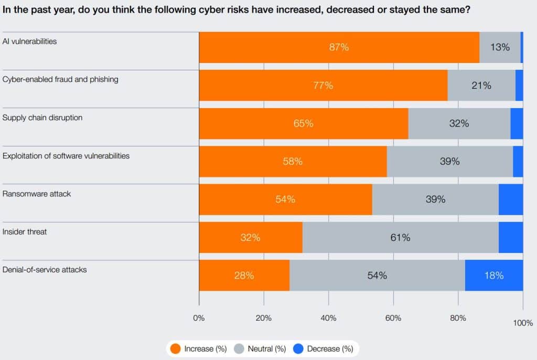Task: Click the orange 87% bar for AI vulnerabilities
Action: [x=339, y=47]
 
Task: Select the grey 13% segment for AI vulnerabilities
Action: [x=500, y=47]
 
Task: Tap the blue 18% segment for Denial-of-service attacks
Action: [x=493, y=276]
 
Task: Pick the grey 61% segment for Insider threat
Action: [x=400, y=237]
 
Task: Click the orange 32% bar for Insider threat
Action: [x=251, y=237]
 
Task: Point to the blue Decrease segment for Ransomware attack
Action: [x=510, y=199]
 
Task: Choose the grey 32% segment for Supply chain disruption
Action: [x=459, y=123]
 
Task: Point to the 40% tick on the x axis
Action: [x=328, y=317]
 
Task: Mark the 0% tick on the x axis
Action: [x=199, y=317]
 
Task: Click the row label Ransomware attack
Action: [x=37, y=194]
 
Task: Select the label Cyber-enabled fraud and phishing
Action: [x=60, y=79]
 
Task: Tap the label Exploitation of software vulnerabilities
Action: [x=66, y=156]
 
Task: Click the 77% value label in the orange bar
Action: [x=323, y=86]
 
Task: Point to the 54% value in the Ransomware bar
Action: [x=285, y=199]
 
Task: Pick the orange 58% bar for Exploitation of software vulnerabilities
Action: [x=293, y=162]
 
